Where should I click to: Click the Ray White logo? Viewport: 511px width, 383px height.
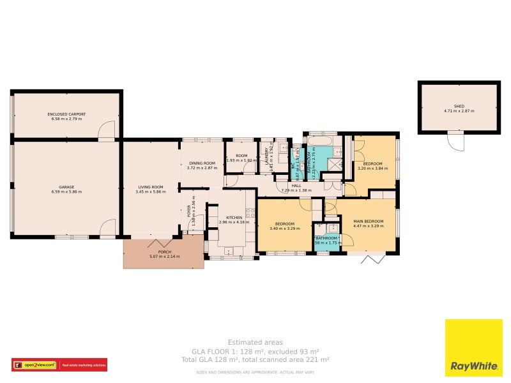(473, 348)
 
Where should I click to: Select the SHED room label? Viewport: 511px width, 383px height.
(459, 106)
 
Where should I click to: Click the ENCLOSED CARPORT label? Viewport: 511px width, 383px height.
(66, 114)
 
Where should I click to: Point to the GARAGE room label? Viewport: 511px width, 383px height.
(66, 186)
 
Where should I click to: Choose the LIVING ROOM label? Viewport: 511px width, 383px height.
(151, 186)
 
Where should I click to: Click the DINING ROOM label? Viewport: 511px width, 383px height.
(202, 163)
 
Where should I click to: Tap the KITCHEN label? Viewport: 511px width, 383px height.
(234, 218)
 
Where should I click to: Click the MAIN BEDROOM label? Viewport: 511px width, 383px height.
(369, 221)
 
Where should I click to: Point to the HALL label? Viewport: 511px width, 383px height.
(296, 186)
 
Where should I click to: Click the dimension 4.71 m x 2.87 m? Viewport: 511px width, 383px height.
(459, 111)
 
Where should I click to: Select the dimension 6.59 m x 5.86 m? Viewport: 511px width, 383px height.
(66, 191)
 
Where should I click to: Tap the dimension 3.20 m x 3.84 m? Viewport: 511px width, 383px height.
(372, 169)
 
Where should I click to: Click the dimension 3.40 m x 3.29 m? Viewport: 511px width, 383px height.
(284, 229)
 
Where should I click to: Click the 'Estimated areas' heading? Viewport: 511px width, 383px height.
(255, 343)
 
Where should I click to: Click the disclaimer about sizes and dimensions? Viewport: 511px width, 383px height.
(255, 372)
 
